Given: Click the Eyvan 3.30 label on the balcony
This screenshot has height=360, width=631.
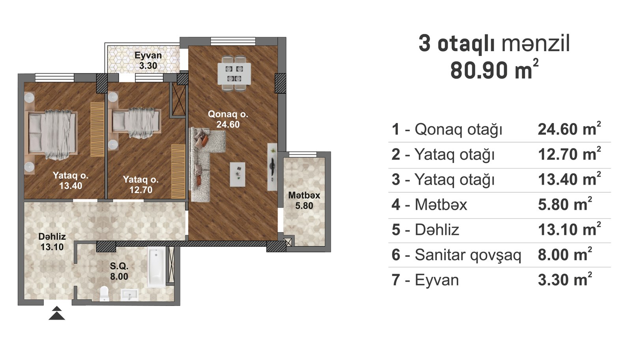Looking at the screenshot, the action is tap(148, 60).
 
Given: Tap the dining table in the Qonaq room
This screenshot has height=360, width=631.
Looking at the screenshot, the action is tap(234, 73).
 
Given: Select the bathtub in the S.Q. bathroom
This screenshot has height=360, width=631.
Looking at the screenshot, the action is tap(157, 267).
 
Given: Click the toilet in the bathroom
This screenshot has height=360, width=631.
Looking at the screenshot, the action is tap(104, 293).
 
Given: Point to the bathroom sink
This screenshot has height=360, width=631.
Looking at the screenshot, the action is tap(129, 295).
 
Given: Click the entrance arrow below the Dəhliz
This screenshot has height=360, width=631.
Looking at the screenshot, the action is tap(57, 313).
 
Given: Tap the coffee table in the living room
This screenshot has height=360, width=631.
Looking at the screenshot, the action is tap(237, 174).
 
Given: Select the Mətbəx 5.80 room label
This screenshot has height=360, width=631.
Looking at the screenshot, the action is tap(304, 200).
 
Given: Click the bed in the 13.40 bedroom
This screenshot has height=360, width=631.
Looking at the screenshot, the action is tap(52, 134).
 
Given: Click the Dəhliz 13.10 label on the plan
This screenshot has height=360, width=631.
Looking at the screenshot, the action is tap(52, 241).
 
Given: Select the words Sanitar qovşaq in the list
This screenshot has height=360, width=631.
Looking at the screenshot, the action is tap(468, 256).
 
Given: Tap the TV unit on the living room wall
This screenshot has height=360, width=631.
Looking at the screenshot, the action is tap(272, 167).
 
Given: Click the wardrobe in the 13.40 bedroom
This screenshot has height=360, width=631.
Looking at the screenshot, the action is tap(97, 129).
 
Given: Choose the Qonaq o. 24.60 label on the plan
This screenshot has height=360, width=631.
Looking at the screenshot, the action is tap(228, 119).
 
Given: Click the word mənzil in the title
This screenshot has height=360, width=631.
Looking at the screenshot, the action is tap(536, 44).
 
